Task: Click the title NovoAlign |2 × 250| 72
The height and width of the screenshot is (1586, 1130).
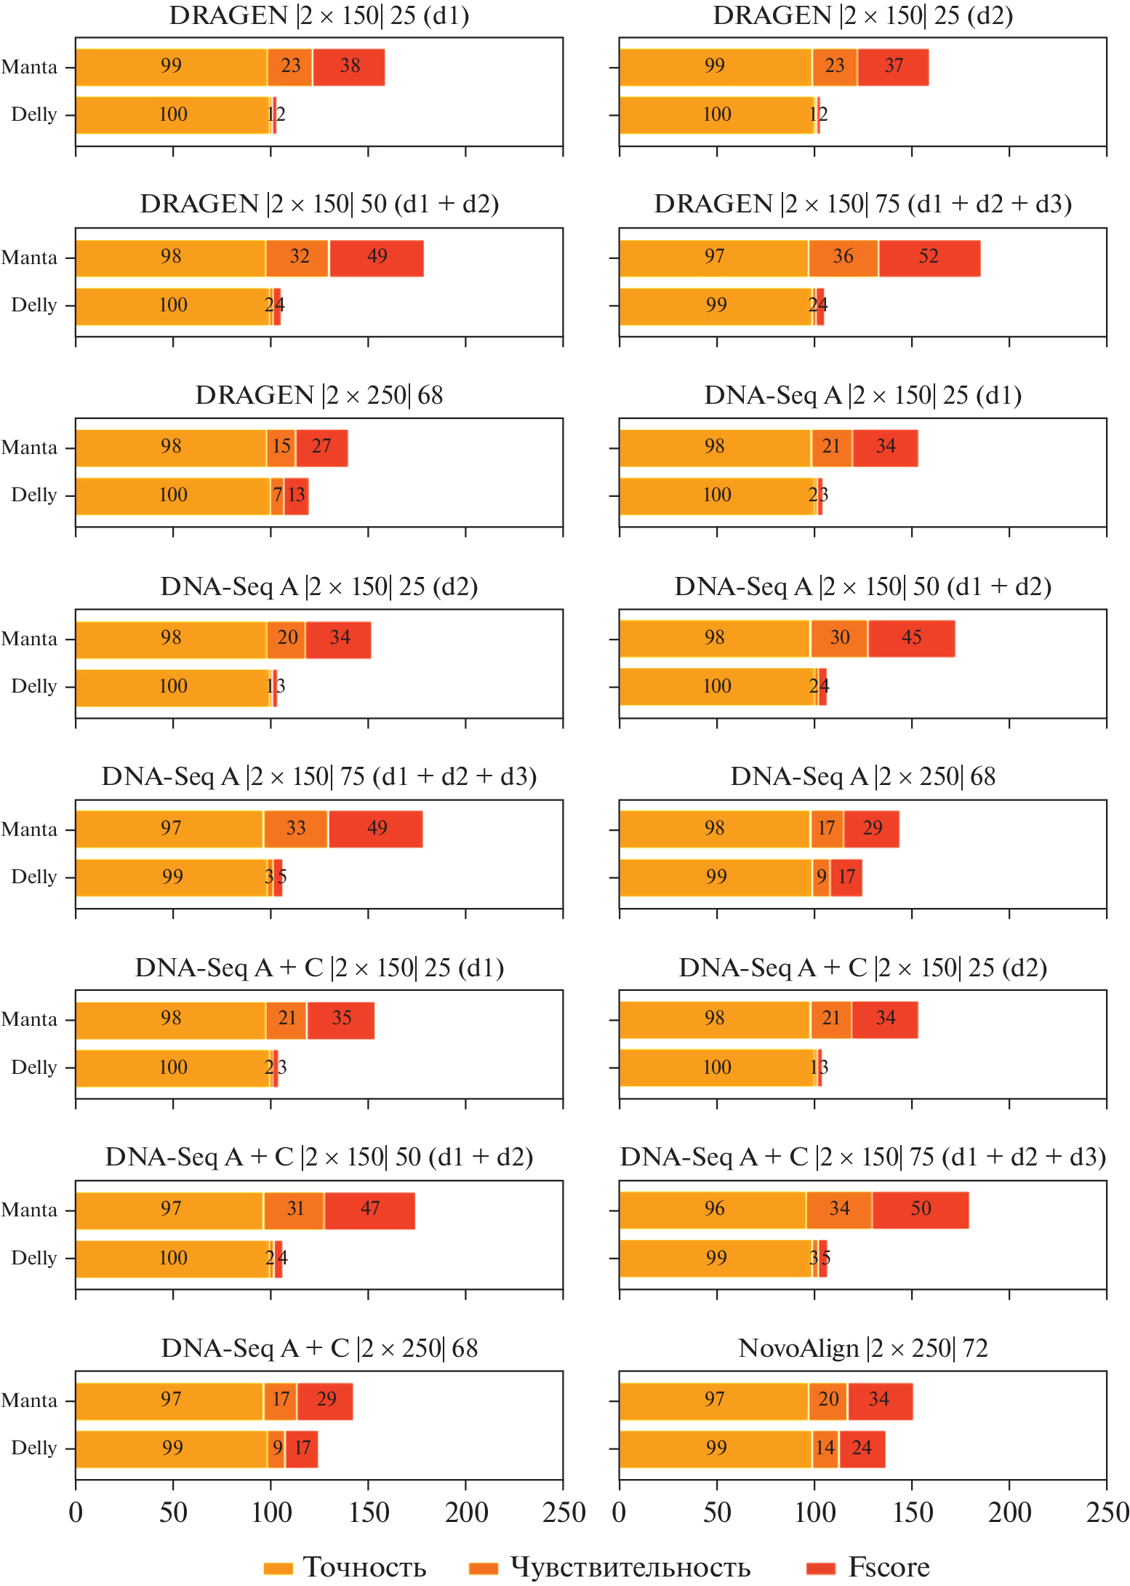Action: (x=863, y=1348)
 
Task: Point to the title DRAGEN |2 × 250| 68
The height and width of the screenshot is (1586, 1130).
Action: (x=319, y=395)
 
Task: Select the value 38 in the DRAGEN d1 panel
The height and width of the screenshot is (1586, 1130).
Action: (x=349, y=67)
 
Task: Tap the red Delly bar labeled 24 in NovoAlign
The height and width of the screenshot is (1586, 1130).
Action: (x=862, y=1448)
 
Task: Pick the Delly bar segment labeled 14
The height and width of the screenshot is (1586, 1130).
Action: (x=825, y=1448)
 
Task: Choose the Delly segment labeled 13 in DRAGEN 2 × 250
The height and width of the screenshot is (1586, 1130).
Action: (x=297, y=496)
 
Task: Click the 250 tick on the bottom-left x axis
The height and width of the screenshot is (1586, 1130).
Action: (x=563, y=1512)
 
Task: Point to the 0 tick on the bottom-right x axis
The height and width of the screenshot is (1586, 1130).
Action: (x=620, y=1512)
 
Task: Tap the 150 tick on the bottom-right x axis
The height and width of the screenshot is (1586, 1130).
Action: (x=912, y=1512)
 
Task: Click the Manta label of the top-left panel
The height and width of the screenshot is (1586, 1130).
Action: (x=30, y=67)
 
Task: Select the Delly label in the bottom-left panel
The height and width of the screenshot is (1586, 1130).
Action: (x=34, y=1448)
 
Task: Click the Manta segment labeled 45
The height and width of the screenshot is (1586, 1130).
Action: (x=911, y=639)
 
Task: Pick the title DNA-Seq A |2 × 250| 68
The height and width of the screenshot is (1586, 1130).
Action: (x=863, y=776)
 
